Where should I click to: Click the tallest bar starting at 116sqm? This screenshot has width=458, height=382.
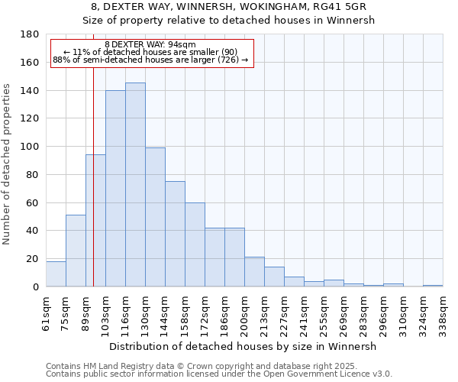coord(135,185)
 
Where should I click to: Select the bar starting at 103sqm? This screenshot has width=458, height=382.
coord(115,189)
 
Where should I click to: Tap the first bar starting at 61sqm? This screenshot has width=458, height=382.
coord(56,274)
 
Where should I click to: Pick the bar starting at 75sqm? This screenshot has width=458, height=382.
coord(76,251)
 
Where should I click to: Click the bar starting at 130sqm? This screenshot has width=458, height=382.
coord(155,217)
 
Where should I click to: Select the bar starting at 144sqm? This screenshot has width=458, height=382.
coord(175,234)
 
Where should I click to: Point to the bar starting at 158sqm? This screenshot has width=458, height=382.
coord(195,244)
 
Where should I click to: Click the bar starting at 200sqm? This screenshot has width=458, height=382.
coord(254,272)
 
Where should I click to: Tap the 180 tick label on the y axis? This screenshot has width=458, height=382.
coord(31,34)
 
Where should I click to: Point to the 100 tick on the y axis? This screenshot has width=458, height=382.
coord(31,147)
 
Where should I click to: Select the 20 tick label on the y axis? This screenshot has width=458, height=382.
coord(34,259)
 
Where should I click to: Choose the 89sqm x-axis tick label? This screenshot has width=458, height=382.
coord(86,312)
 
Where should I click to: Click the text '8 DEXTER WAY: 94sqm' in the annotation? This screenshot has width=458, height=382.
coord(150,44)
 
